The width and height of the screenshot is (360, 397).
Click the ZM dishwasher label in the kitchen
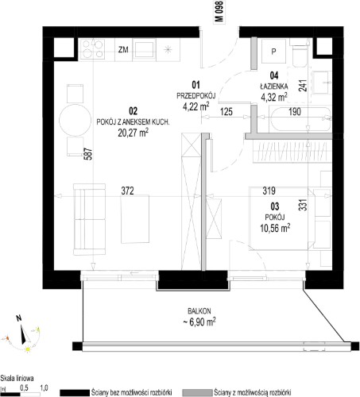pos(123,49)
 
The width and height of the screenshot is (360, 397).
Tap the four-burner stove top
pos(92,49)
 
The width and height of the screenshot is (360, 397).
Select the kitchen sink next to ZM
pos(145,49)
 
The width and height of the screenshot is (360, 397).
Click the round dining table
pos(75,120)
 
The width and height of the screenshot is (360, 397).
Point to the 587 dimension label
pos(89,153)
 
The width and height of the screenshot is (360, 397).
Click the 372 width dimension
pos(127,191)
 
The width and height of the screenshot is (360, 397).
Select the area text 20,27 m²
pos(133,133)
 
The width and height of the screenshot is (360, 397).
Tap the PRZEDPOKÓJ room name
pos(196,95)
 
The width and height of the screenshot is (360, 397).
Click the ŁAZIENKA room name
pos(274,87)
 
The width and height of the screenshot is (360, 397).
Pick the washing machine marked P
pos(273,51)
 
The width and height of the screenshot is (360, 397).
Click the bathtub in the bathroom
pos(300,119)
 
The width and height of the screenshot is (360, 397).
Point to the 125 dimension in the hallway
pos(226,112)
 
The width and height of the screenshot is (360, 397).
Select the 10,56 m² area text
pos(275,228)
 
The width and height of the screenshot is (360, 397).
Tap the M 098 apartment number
pos(220,11)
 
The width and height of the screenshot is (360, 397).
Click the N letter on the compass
pos(18,318)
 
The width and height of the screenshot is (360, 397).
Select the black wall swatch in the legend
pos(75,393)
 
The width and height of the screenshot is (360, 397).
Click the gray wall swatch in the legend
pos(198,393)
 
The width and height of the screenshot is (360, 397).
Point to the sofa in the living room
pos(89,219)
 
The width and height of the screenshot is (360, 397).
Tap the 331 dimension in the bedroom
pos(304,204)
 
